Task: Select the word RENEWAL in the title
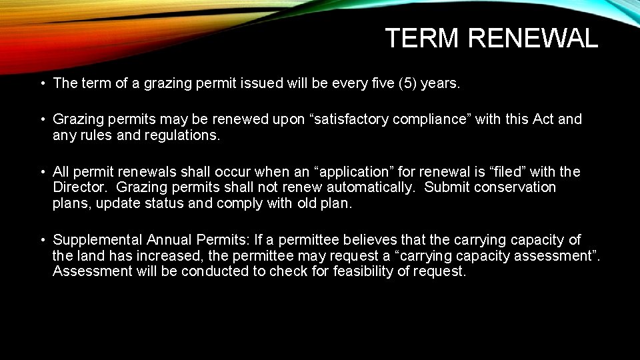click(x=533, y=39)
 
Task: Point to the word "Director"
click(x=81, y=187)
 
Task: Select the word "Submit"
click(x=446, y=187)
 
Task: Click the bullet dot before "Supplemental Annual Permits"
click(x=42, y=240)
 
